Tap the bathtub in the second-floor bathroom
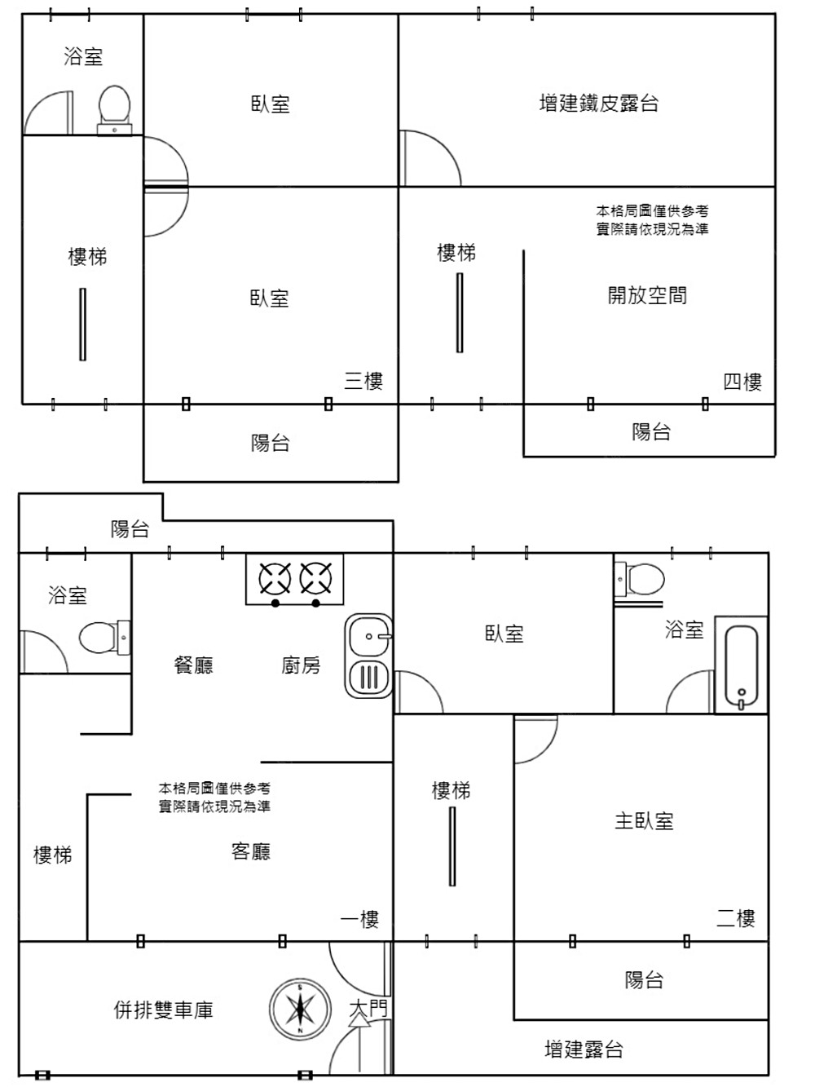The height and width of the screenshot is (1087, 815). [x=741, y=665]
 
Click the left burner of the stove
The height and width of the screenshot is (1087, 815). [x=275, y=579]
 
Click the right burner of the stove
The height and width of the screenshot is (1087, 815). [x=315, y=579]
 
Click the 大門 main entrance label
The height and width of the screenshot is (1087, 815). [x=368, y=1009]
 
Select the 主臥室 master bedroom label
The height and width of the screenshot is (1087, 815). [x=644, y=820]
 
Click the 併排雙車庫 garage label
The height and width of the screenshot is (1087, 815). [x=164, y=1010]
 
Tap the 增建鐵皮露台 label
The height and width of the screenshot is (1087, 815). [x=599, y=104]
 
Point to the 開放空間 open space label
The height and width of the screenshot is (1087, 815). [x=647, y=295]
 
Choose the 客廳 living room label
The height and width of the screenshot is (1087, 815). [x=251, y=851]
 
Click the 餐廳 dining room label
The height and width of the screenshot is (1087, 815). [x=194, y=665]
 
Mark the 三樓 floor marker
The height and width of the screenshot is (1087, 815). [x=363, y=381]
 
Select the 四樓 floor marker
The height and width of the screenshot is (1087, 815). [x=742, y=382]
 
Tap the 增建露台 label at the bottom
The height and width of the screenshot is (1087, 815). [x=584, y=1049]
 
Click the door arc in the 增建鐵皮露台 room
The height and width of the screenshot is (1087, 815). [x=430, y=157]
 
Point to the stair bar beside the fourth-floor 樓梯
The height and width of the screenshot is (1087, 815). [x=460, y=312]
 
